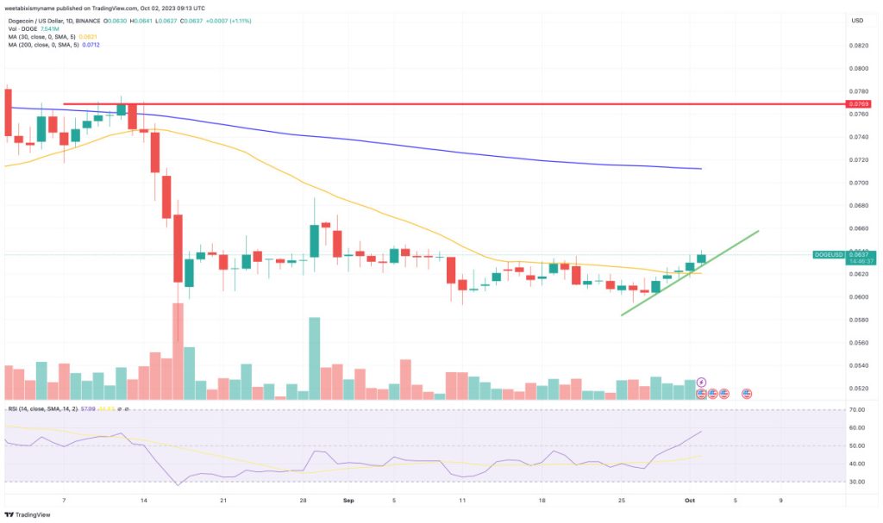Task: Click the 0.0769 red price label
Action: [x=857, y=104]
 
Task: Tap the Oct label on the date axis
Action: [x=689, y=499]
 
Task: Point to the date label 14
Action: [x=143, y=499]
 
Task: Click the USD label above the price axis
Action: [x=856, y=20]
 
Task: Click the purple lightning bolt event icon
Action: [x=701, y=383]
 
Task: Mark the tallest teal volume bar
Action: [x=315, y=358]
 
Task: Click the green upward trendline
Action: [x=690, y=271]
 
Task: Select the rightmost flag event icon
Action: [x=746, y=393]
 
